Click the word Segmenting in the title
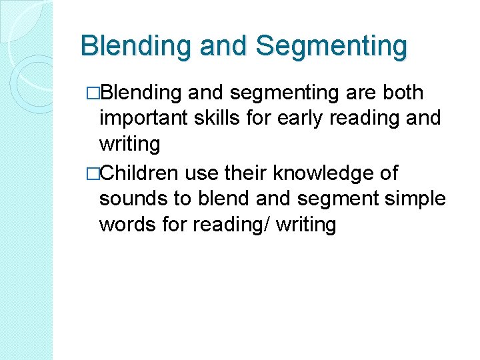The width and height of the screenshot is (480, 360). (x=331, y=47)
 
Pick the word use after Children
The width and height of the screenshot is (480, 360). (x=198, y=174)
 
